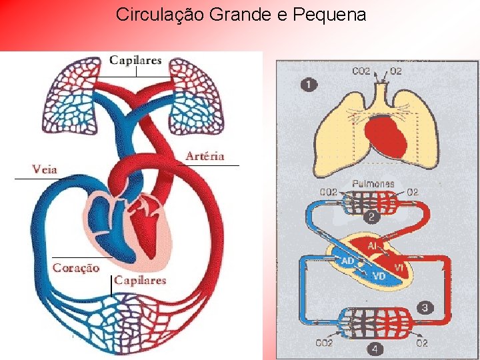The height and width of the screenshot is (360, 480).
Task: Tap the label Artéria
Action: (x=205, y=156)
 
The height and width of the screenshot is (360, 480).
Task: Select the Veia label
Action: (x=45, y=169)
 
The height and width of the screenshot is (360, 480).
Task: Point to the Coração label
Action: (x=76, y=268)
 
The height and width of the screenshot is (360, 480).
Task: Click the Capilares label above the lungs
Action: (x=135, y=60)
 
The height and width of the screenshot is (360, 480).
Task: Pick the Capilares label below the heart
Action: (x=140, y=280)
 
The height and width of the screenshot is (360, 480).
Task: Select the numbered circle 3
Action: (x=425, y=307)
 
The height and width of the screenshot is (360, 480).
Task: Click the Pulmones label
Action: (x=373, y=183)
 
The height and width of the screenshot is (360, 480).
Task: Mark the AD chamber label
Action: (x=347, y=262)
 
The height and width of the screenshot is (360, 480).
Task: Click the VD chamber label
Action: (x=378, y=275)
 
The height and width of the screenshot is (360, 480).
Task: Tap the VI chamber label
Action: (x=400, y=267)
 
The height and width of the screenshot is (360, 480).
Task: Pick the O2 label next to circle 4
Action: (x=421, y=343)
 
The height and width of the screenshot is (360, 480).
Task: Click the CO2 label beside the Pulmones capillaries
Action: (x=329, y=193)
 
